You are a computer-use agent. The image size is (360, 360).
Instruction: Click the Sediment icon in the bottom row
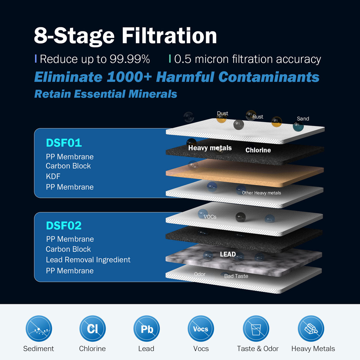click(39, 329)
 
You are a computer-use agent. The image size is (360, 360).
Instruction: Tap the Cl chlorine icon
click(93, 329)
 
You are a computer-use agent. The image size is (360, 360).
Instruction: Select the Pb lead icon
click(146, 329)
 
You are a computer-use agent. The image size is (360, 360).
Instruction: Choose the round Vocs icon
click(201, 329)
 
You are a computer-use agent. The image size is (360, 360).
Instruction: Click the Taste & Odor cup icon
click(256, 329)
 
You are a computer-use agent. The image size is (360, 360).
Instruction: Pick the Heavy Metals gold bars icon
click(311, 329)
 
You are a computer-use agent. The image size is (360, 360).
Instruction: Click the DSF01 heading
click(64, 143)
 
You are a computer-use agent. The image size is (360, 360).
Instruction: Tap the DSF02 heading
click(64, 226)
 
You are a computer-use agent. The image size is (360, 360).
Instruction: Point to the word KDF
click(53, 176)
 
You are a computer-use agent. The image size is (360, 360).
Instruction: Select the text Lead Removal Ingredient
click(88, 260)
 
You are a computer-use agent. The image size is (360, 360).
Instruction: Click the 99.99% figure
click(130, 59)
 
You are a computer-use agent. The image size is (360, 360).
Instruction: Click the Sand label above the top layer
click(303, 119)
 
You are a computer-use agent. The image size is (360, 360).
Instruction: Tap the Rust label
click(258, 117)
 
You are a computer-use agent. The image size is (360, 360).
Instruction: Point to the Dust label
click(222, 113)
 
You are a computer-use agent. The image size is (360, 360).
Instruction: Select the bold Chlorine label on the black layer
click(258, 150)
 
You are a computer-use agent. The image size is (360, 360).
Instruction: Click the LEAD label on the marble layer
click(228, 254)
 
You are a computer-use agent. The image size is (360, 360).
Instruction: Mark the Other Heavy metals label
click(261, 193)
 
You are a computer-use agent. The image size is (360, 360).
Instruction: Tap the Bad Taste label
click(236, 276)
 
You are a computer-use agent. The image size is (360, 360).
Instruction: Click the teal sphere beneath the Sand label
click(298, 126)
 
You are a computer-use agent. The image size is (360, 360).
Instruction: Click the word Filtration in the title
click(169, 36)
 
